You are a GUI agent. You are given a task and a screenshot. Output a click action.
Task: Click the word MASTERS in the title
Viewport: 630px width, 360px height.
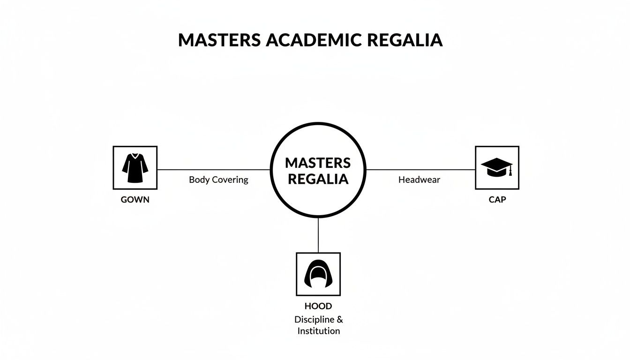coord(219,40)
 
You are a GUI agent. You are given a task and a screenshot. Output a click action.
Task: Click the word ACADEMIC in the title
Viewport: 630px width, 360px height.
coord(314,40)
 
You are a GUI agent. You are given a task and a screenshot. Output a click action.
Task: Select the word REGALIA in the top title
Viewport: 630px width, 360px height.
coord(405,40)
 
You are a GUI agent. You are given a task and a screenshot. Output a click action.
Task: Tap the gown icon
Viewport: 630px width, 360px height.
coord(135,168)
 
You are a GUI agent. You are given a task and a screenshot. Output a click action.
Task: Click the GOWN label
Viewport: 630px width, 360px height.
coord(135,200)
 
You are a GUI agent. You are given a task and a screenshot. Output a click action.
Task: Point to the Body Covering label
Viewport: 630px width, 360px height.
coord(218,180)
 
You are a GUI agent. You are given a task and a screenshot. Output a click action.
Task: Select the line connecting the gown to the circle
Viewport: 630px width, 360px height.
coord(213,170)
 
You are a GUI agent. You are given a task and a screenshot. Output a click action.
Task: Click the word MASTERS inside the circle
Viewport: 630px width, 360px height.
coord(318,163)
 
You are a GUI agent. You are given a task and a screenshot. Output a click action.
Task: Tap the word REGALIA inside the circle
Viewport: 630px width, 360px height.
coord(318,179)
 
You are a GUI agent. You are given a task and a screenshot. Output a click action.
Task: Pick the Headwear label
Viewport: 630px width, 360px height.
coord(419,180)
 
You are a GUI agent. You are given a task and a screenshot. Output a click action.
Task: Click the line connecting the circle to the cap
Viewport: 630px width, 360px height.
coord(420,170)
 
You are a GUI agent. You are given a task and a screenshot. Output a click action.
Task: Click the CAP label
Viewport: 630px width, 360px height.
coord(497,200)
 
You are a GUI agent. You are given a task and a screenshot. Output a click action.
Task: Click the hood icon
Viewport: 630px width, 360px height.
coord(318,274)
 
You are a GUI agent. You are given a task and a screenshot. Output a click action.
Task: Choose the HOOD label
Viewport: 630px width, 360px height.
coord(318,307)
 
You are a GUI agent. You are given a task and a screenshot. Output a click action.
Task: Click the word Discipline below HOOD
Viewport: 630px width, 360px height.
coord(314,320)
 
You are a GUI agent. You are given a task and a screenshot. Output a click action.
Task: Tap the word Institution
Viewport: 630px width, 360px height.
coord(318,331)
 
